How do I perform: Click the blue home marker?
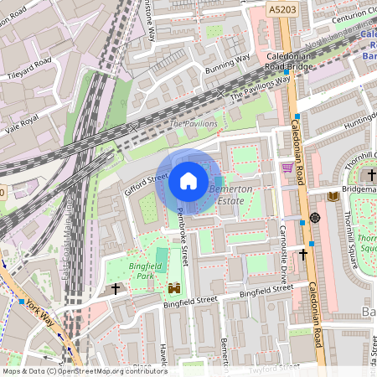188,180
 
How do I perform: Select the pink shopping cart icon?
287,168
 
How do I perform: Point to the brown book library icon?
333,196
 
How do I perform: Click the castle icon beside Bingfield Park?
175,288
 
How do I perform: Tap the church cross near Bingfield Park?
116,289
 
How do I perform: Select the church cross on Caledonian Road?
303,252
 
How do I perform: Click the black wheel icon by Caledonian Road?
315,218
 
